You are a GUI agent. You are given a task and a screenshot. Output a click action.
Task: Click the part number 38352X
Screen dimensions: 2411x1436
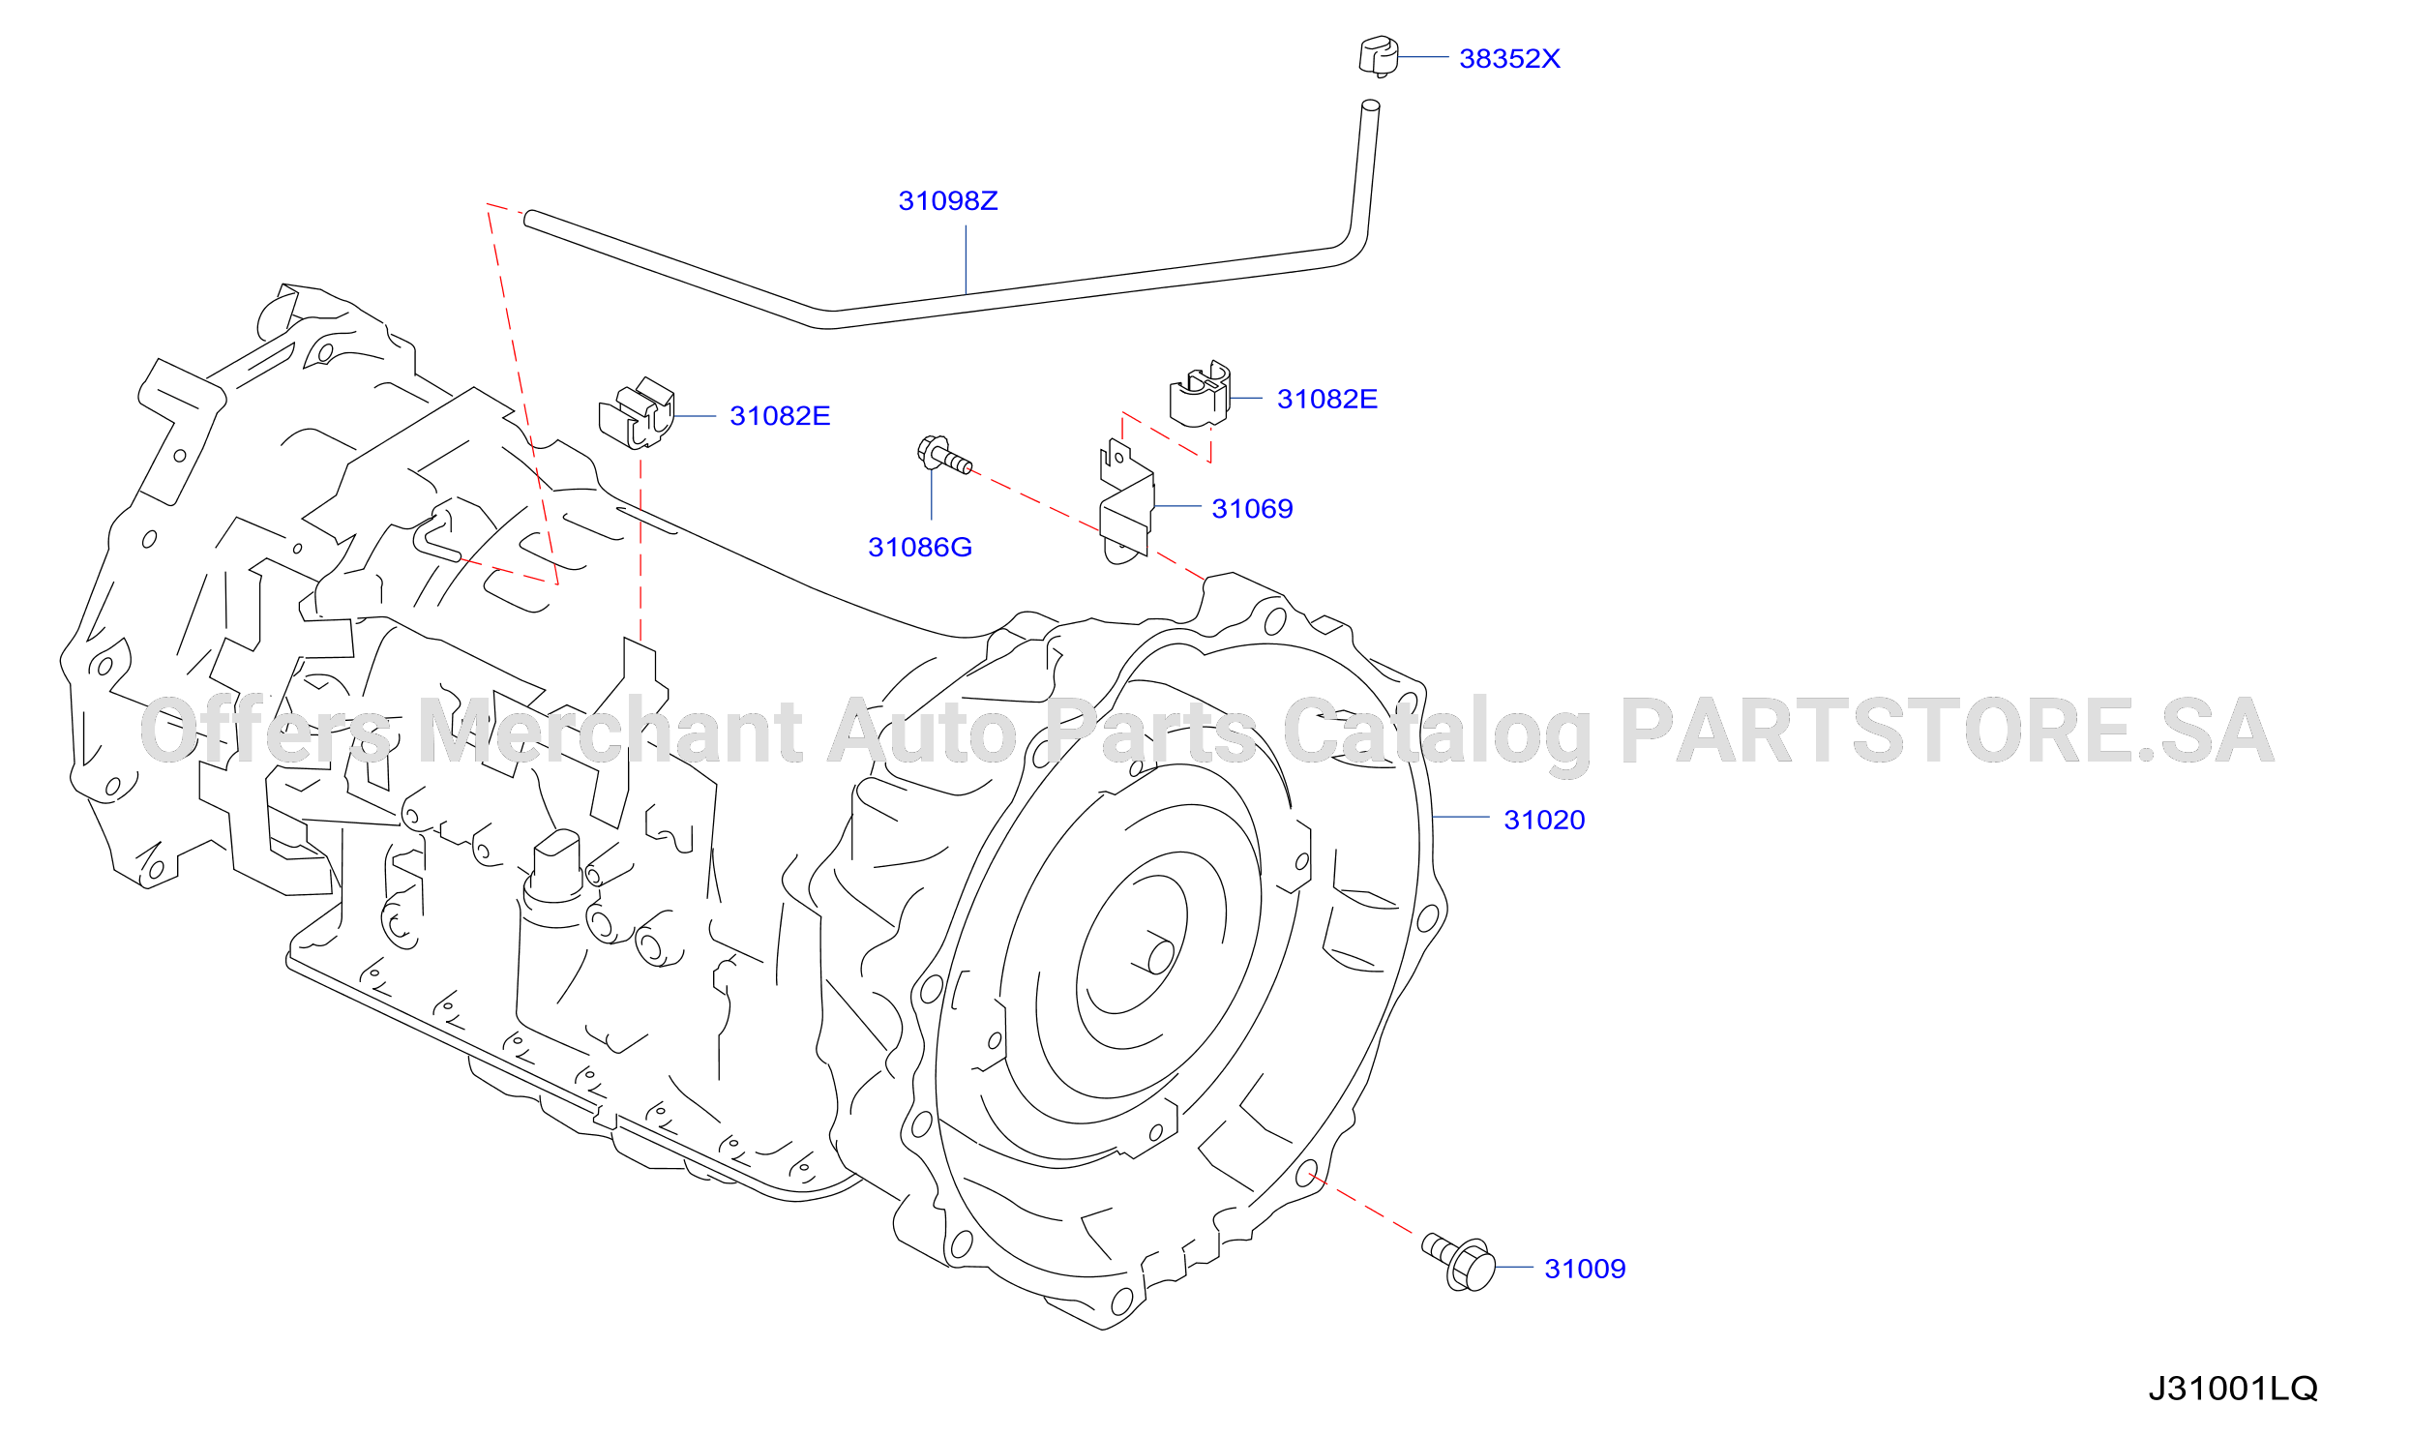[x=1509, y=59]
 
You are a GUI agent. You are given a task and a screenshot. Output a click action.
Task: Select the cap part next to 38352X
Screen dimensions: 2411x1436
[x=1379, y=56]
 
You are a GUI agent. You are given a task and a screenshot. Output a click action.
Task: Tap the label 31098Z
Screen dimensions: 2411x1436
[x=948, y=201]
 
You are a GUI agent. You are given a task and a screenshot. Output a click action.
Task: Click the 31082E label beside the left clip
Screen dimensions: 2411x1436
[x=780, y=416]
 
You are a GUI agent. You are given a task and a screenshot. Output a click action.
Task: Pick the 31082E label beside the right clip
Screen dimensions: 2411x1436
[x=1327, y=400]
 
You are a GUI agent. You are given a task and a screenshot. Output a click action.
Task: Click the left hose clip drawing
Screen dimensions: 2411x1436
[x=637, y=414]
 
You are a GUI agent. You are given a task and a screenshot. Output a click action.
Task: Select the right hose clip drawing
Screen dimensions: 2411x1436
[x=1200, y=394]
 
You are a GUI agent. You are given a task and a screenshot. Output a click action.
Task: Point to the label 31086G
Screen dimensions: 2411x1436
[x=920, y=548]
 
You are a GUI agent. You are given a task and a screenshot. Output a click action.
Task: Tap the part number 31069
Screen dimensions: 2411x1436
[x=1252, y=509]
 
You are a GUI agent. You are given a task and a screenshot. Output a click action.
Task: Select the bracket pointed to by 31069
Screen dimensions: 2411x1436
[x=1127, y=502]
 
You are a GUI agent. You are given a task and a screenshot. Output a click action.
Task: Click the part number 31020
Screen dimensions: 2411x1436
[x=1544, y=821]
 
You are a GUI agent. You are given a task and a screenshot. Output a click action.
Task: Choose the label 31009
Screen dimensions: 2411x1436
[x=1585, y=1269]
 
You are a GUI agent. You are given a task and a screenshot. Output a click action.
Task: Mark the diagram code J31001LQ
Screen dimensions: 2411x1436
[x=2233, y=1389]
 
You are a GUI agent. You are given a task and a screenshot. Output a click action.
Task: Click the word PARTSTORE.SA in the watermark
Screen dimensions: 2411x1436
[x=1947, y=731]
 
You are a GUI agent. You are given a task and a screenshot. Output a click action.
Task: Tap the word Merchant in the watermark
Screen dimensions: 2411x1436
[x=610, y=731]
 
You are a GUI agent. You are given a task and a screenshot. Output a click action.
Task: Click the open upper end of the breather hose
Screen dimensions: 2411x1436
[x=1371, y=105]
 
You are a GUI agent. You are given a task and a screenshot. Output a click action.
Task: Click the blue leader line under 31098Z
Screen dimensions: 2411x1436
[x=966, y=259]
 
